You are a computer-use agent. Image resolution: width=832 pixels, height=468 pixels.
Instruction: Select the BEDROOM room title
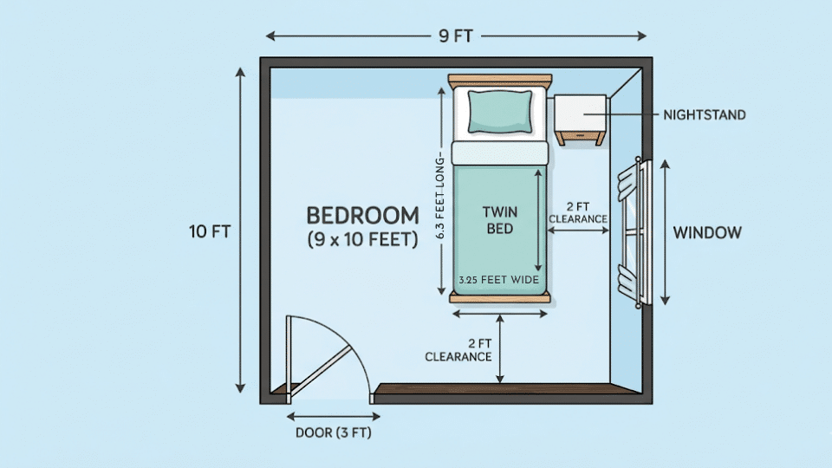362,215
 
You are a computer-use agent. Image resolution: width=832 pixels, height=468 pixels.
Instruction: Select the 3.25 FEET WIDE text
499,280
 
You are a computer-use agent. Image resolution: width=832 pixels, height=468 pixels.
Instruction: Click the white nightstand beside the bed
580,115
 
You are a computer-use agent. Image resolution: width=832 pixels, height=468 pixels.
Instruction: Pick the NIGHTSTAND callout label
704,114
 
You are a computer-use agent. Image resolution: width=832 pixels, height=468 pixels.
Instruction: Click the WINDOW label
707,232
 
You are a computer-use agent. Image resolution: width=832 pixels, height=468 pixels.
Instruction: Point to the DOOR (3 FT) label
333,432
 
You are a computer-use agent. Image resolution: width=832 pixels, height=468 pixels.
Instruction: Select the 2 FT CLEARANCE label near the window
578,213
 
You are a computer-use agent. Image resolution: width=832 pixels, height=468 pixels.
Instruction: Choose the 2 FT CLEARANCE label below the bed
458,350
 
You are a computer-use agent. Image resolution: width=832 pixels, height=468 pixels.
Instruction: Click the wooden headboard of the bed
500,81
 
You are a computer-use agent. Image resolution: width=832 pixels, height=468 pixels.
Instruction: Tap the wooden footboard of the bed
500,298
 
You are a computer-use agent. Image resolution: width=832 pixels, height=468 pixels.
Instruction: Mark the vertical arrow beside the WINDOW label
665,231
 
